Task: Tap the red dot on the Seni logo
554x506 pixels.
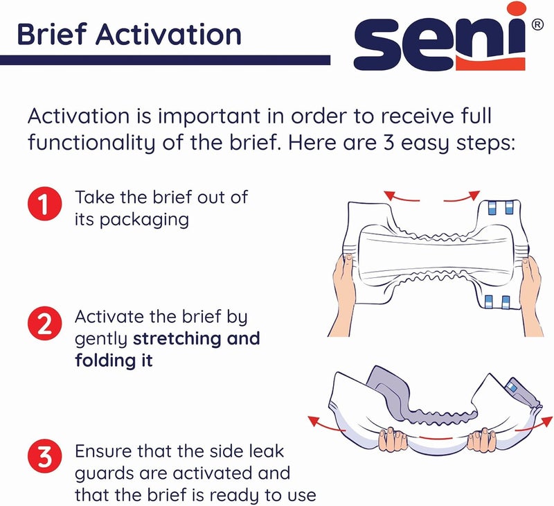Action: (x=512, y=12)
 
